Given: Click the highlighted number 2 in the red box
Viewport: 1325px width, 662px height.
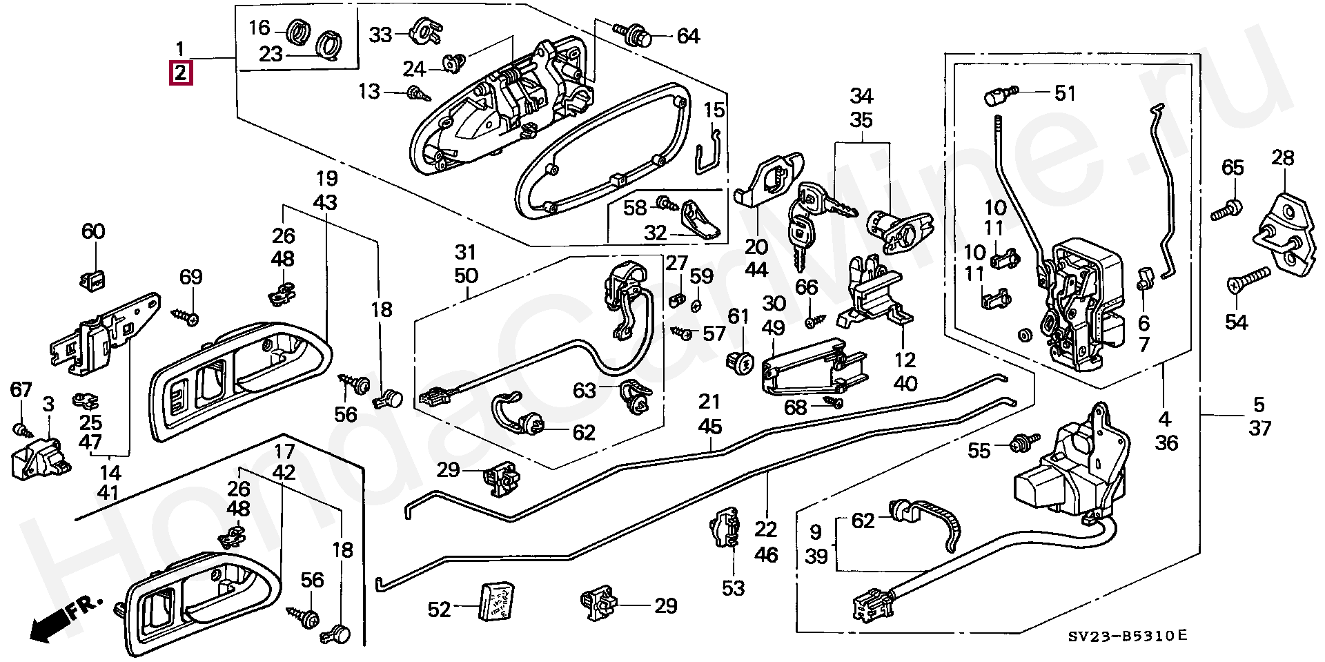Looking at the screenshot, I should tap(180, 72).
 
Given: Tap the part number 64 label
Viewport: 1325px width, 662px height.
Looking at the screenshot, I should tap(687, 36).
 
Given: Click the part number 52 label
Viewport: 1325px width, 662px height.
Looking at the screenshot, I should tap(439, 609).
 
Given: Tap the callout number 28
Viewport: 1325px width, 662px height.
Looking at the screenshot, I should tap(1283, 158).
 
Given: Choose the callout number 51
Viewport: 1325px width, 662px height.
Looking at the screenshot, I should tap(1065, 93).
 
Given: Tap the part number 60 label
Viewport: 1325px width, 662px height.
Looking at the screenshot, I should tap(93, 231).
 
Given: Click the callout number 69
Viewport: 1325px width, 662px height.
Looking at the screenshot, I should tap(191, 277).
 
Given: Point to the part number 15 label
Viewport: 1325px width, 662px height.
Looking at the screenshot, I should tap(714, 110).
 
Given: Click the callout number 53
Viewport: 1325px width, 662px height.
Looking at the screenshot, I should tap(734, 588).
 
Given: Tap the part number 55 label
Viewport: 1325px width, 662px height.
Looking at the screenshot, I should tap(979, 451).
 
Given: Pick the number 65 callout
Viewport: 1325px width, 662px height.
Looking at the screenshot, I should tap(1233, 168).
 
